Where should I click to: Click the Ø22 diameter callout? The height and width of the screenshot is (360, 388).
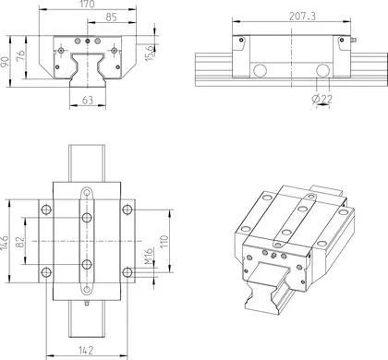point(323,98)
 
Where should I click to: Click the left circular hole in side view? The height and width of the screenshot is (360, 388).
point(261,70)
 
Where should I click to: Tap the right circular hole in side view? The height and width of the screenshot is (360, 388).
point(322,70)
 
